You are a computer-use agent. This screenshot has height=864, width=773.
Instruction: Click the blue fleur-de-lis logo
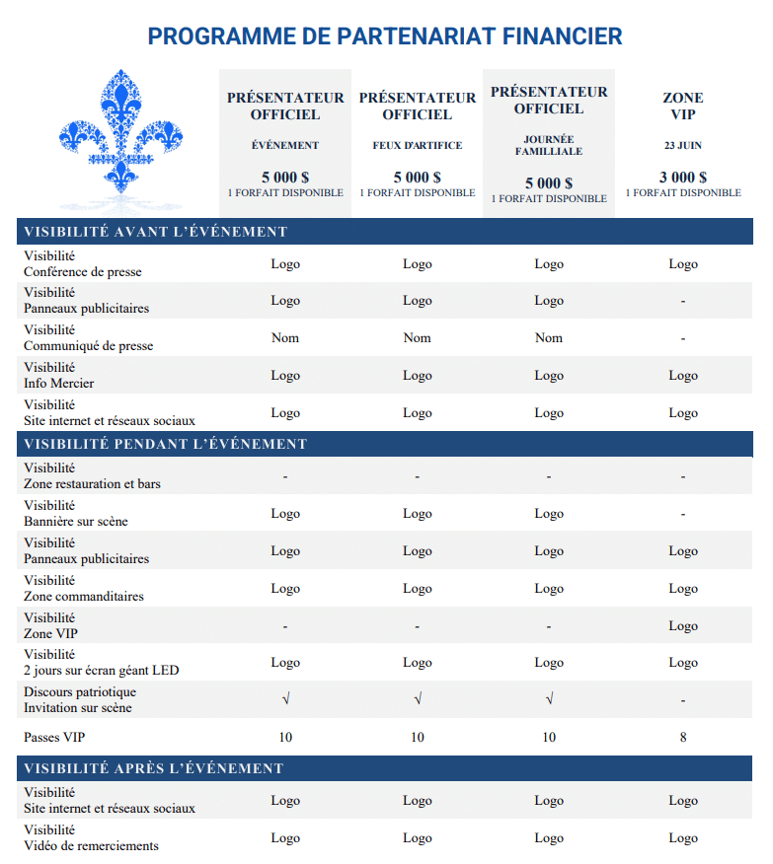(x=120, y=130)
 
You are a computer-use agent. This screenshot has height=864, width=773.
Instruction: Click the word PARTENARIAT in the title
(x=414, y=37)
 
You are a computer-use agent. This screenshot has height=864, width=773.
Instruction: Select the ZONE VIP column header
(x=682, y=106)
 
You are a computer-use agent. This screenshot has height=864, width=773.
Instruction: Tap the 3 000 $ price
(x=682, y=178)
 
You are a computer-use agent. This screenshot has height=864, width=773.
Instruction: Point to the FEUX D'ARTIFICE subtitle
(x=417, y=145)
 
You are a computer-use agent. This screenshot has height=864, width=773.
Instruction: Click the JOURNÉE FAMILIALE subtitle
(x=548, y=146)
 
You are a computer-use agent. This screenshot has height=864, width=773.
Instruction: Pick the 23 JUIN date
(x=682, y=145)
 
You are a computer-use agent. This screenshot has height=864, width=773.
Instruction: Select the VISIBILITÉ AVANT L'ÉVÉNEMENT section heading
(x=155, y=233)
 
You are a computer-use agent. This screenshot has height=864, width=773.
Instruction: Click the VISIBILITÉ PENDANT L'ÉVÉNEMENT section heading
(x=165, y=444)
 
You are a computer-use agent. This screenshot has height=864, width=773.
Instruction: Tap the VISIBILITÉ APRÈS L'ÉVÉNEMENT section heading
(x=153, y=768)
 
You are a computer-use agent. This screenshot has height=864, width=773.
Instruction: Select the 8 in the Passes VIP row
(x=682, y=737)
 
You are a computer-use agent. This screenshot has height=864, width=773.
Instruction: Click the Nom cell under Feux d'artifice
(x=417, y=338)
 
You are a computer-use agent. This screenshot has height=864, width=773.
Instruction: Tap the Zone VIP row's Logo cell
(x=682, y=626)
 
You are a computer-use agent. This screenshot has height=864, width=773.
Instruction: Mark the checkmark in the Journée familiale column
(x=548, y=700)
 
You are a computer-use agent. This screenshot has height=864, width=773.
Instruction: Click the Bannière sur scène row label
(x=76, y=521)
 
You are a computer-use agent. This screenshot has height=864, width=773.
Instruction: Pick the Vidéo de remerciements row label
(x=91, y=845)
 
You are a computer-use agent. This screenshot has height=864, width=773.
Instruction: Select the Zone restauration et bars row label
(x=92, y=484)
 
